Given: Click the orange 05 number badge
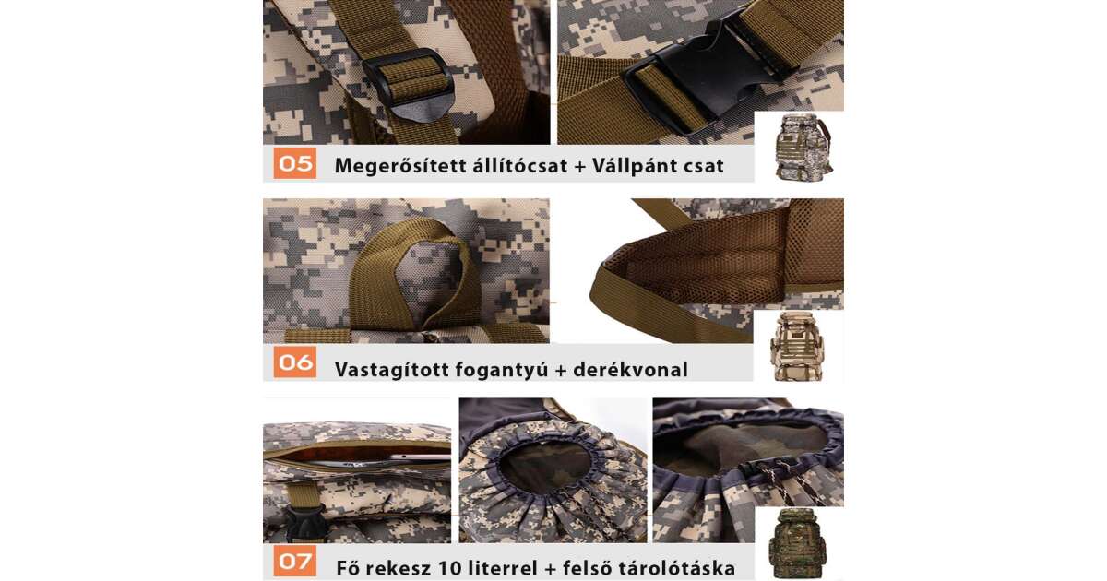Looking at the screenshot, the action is pos(295,163).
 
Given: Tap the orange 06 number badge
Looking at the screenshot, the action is pos(295,362).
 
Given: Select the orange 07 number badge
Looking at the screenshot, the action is pos(295,561).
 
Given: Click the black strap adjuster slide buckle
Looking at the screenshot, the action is pos(408,85).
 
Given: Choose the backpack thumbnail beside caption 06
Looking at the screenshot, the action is pos(797,347).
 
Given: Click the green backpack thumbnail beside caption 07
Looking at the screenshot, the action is pos(797,543).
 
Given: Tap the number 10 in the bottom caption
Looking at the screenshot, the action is pos(446,568).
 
